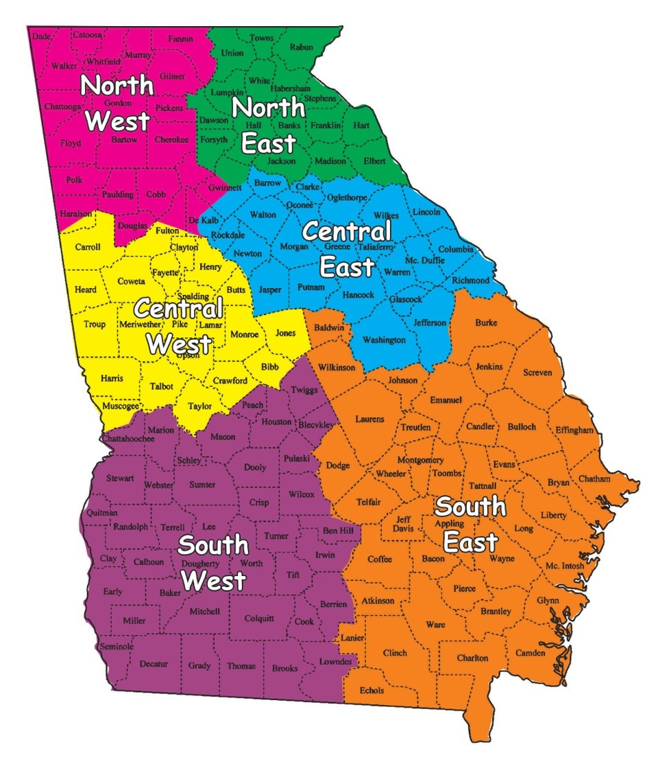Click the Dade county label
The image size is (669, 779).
coord(41,36)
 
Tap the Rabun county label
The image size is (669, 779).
coord(302,47)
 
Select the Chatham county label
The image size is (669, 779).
coord(594,478)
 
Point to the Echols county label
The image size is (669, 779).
coord(372,690)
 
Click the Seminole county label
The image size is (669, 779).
coord(117,646)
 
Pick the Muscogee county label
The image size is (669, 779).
coord(120,405)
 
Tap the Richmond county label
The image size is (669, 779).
coord(470,280)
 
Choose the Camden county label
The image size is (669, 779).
coord(531,652)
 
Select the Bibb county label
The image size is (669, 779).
coord(270,367)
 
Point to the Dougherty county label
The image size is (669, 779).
coord(201,563)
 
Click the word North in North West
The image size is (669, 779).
coord(117,86)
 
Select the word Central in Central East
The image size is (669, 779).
coord(347,231)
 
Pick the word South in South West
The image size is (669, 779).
coord(213,545)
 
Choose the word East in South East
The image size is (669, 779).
coord(470,542)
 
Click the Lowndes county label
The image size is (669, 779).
coord(335,662)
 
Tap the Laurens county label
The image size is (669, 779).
coord(369,418)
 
